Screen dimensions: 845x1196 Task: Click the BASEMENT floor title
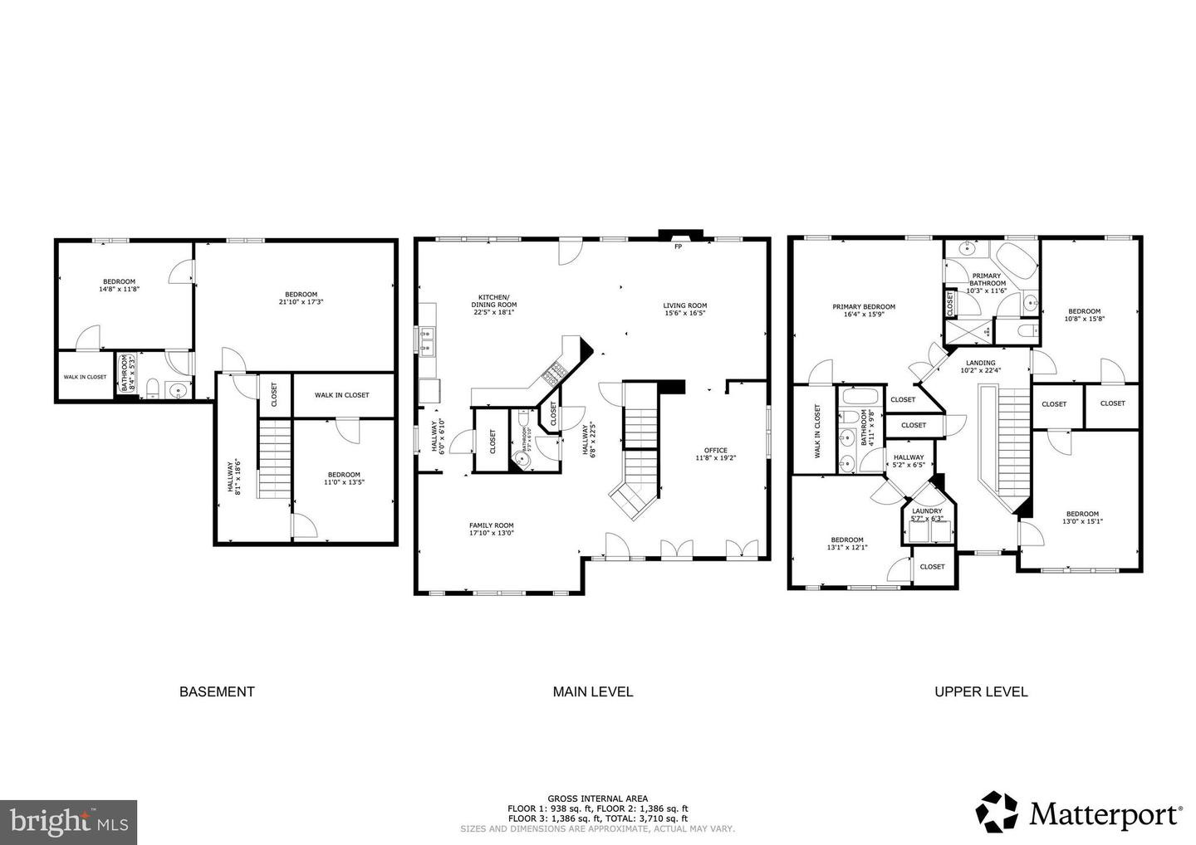click(217, 691)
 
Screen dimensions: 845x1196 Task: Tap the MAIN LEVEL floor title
click(593, 691)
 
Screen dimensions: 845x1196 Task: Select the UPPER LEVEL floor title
click(981, 691)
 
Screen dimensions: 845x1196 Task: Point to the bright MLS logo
click(68, 822)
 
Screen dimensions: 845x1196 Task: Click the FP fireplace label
click(678, 247)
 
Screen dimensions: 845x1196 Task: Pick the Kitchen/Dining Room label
click(494, 301)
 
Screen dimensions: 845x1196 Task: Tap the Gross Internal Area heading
click(597, 799)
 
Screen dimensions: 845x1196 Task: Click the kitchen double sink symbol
click(429, 341)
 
